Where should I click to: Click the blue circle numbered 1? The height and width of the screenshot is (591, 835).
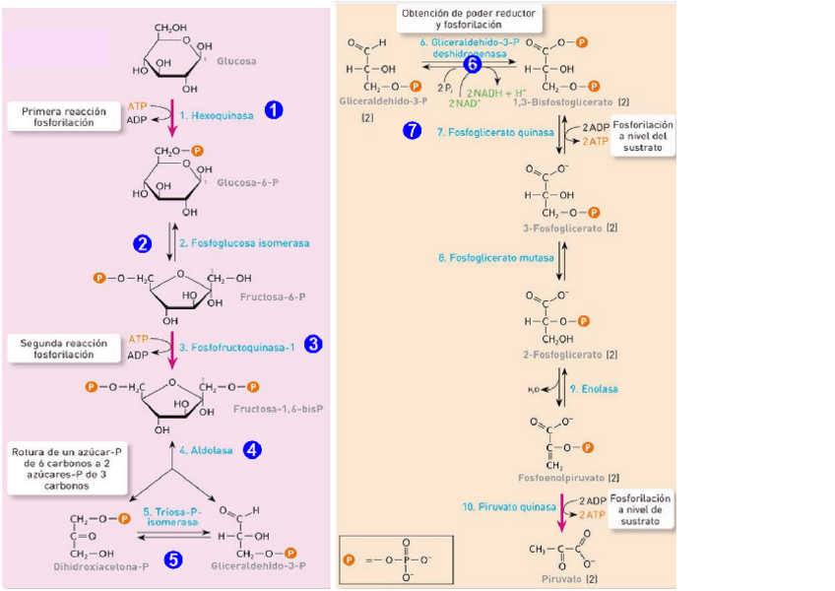tap(274, 110)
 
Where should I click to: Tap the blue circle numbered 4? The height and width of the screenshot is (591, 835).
tap(252, 449)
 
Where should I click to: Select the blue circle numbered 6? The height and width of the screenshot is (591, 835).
tap(473, 65)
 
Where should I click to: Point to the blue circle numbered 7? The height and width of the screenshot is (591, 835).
tap(414, 131)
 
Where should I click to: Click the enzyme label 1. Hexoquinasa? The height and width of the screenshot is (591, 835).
tap(221, 115)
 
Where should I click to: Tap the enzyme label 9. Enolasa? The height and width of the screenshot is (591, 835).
tap(594, 389)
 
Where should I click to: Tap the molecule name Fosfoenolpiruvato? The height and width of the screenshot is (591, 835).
tap(560, 477)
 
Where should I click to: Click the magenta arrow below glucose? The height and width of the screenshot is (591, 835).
tap(172, 116)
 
